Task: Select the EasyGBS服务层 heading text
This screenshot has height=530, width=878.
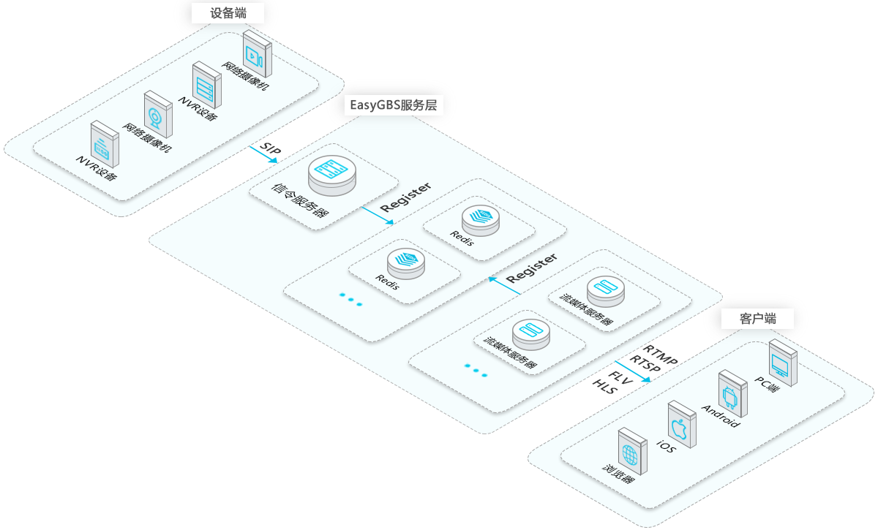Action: click(391, 105)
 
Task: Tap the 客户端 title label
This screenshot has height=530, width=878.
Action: click(757, 319)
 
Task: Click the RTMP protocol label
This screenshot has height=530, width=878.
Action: click(660, 355)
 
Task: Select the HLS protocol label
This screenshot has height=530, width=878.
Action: click(604, 387)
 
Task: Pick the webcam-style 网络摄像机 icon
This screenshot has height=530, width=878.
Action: click(157, 113)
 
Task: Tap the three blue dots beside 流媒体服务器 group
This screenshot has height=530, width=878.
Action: click(476, 371)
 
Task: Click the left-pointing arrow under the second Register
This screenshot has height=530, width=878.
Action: click(505, 286)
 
